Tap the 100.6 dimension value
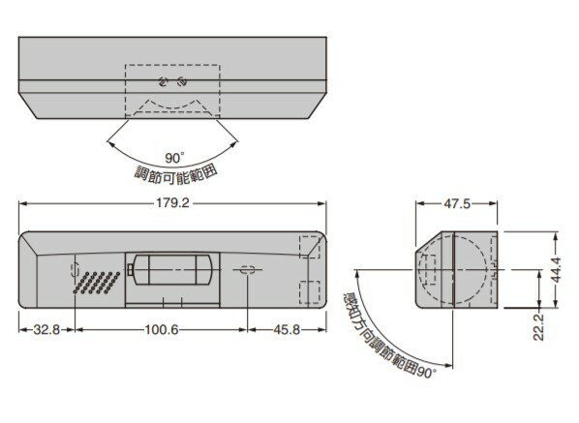tap(160, 330)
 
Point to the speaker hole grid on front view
tap(96, 283)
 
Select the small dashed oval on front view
tap(247, 271)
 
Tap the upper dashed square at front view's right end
tap(309, 247)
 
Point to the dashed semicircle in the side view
tap(476, 267)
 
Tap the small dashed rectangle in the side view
tap(427, 270)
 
